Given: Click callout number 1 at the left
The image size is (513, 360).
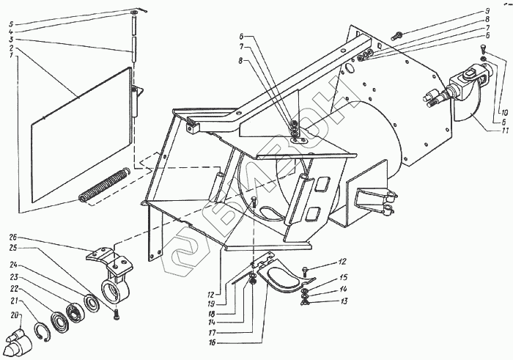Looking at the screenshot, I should coord(11,56).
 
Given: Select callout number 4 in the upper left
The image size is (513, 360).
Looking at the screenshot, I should coord(11,32).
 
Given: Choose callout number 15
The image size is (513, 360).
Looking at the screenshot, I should coord(342,277).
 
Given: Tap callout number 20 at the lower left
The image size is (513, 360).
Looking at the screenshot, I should coord(12,315).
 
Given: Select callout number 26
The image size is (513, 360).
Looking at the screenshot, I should coord(12,237).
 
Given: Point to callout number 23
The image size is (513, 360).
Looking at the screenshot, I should coord(12,278).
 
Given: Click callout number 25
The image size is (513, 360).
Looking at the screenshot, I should coord(12,249).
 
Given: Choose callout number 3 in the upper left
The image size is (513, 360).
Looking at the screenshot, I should coord(11,40).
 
